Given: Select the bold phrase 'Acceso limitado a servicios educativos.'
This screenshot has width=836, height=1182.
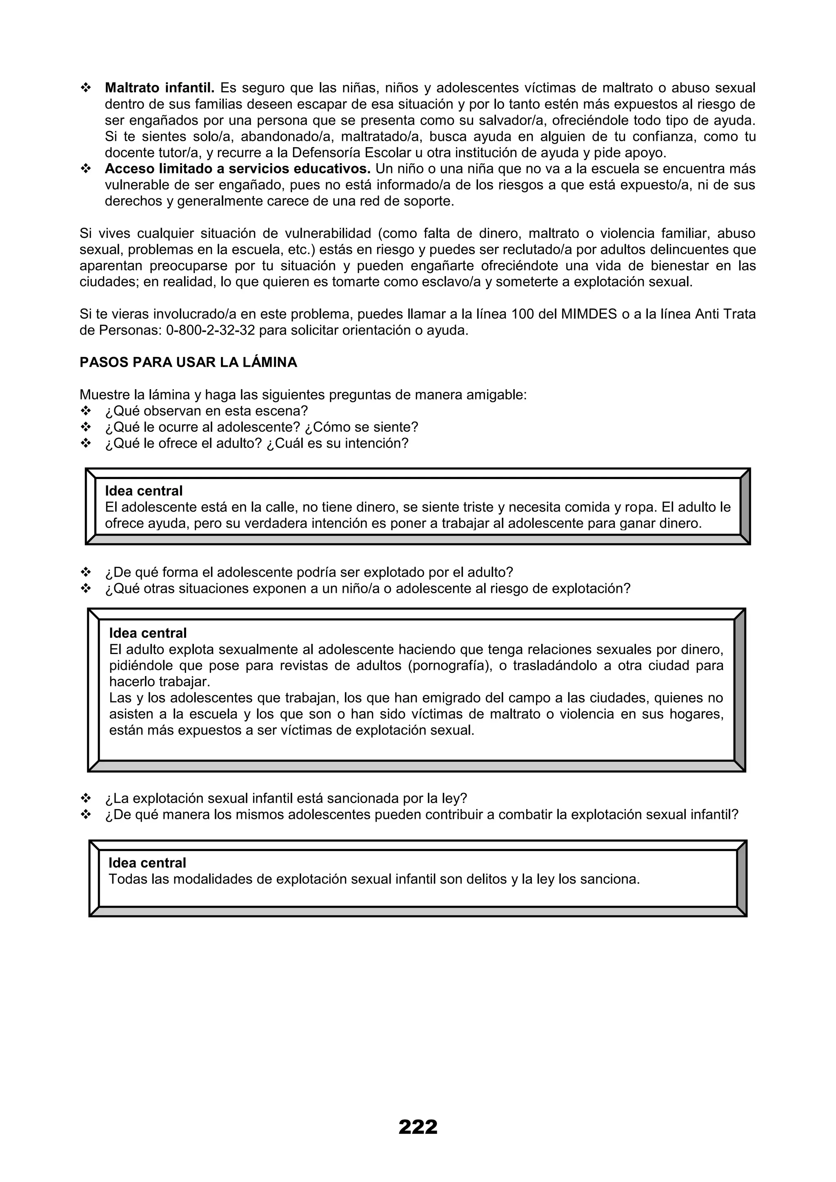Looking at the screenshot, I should point(238,169).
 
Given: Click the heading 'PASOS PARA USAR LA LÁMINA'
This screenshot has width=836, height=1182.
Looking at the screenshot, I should point(188,362).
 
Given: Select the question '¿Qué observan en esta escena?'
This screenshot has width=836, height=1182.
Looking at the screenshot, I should point(206,411).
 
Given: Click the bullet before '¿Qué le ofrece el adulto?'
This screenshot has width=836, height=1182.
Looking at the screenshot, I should point(85,443).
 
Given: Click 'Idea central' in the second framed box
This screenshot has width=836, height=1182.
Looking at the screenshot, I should point(148,633).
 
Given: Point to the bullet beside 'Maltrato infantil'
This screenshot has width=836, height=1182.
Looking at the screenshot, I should point(85,88).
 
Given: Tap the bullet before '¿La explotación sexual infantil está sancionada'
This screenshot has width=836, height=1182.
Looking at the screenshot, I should point(85,798).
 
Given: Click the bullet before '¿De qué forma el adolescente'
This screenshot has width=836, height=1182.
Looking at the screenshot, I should point(85,572).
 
